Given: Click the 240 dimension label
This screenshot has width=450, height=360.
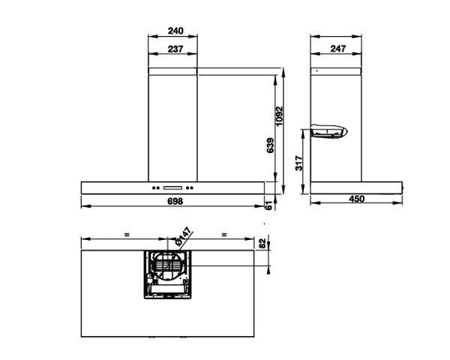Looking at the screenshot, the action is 175,31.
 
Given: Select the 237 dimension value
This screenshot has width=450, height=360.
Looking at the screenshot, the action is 175,49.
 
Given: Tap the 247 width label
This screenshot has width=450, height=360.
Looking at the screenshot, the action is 338,49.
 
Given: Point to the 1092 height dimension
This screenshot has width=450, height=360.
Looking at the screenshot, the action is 279,116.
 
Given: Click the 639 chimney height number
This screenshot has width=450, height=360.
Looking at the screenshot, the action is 270,145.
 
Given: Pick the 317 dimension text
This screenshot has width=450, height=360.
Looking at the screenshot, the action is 298,163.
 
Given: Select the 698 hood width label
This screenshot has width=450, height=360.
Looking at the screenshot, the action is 175,201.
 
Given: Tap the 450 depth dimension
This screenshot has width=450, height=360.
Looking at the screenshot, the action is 357,199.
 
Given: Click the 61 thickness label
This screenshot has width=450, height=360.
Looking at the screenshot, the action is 269,205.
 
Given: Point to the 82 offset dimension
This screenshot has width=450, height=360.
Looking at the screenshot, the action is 262,244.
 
